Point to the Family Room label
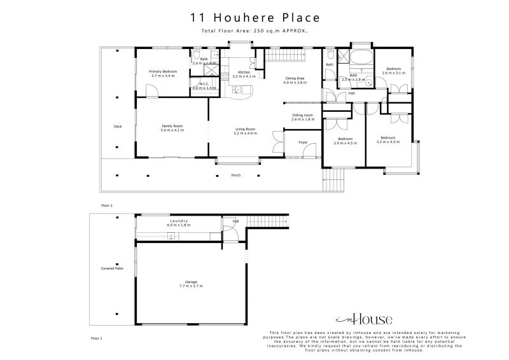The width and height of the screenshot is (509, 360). (172, 128)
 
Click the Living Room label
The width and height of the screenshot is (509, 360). (245, 131)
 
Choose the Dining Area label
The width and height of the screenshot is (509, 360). (295, 80)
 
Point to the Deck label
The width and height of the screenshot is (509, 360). (118, 126)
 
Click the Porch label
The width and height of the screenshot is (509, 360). (235, 175)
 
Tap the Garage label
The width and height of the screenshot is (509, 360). (192, 283)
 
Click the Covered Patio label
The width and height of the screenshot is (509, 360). (112, 269)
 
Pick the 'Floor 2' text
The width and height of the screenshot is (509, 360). (106, 205)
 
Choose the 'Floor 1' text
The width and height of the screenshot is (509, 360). (97, 338)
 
